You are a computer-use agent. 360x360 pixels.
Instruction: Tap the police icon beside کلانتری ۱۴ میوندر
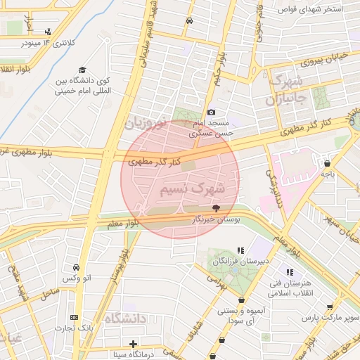(47, 32)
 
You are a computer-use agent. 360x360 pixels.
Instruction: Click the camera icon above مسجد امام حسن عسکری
(211, 112)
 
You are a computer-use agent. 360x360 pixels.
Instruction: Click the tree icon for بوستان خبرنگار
(215, 208)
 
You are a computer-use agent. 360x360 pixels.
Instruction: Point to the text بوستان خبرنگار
(215, 220)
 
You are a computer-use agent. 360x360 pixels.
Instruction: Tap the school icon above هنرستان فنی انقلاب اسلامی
(288, 272)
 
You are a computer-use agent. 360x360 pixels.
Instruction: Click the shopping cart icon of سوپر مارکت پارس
(330, 307)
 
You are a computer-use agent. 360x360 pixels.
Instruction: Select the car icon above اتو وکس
(75, 268)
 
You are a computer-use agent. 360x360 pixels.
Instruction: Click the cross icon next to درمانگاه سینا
(133, 344)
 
